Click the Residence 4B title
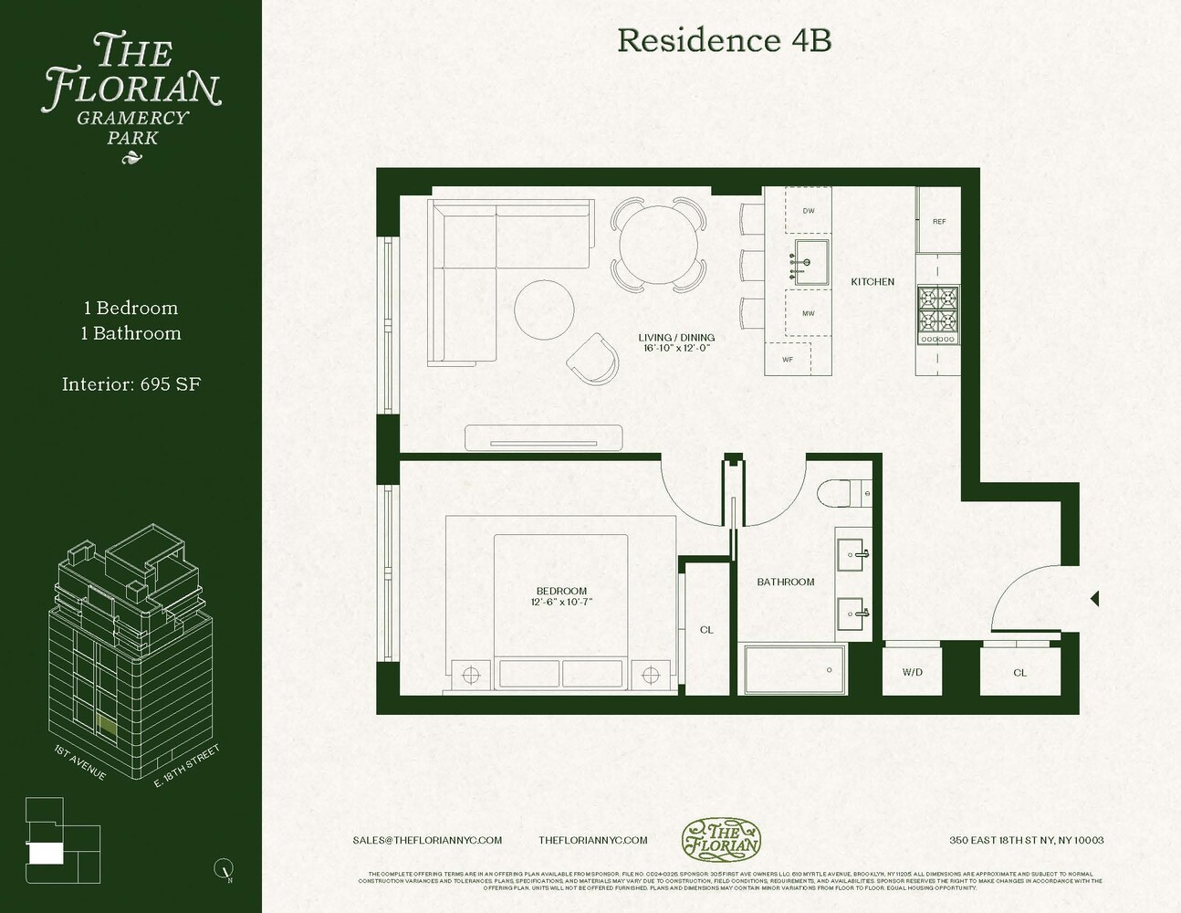(x=724, y=40)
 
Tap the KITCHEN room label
(x=873, y=282)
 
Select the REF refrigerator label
(x=939, y=222)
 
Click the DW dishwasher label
(x=809, y=211)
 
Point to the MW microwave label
(x=809, y=313)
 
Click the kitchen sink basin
(x=810, y=262)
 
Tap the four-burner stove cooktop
(x=937, y=309)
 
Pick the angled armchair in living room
(x=592, y=357)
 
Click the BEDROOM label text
(x=561, y=591)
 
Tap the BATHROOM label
(x=786, y=582)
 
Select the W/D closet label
(x=913, y=673)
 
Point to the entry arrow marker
(x=1094, y=599)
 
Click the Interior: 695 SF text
(x=131, y=384)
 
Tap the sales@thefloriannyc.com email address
(x=427, y=840)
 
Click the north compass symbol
(x=223, y=868)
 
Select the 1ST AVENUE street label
(x=80, y=763)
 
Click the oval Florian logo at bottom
(x=721, y=840)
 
